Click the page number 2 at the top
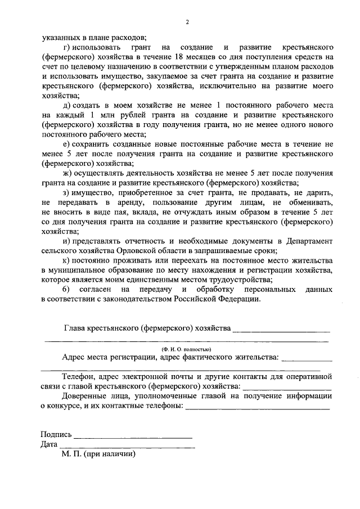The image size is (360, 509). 188,22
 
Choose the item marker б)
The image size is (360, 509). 67,290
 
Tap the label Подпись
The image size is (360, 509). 56,435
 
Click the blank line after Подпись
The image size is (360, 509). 133,437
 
